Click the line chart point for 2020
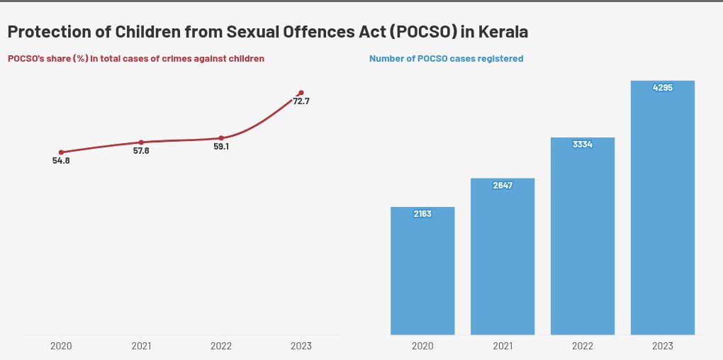[61, 152]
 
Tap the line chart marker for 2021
[141, 142]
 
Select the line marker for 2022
[221, 138]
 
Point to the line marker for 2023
[301, 93]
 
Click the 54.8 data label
[61, 161]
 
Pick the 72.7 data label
[301, 101]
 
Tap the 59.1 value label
[221, 147]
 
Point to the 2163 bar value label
[422, 214]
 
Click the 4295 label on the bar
[663, 88]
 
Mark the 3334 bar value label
[583, 145]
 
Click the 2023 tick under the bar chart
[663, 347]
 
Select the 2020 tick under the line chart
[61, 347]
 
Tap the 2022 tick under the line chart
[221, 347]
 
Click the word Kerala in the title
[503, 32]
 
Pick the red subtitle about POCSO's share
[136, 59]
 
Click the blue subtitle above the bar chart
[446, 59]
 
